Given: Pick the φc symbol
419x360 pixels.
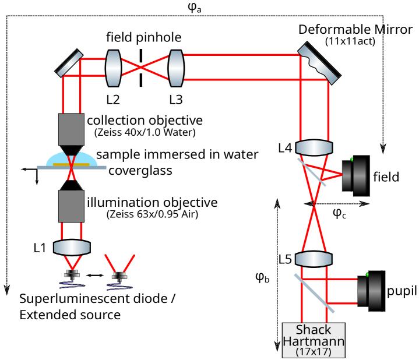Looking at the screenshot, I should click(x=339, y=214).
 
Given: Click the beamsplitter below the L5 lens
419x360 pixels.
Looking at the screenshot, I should click(x=315, y=291).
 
